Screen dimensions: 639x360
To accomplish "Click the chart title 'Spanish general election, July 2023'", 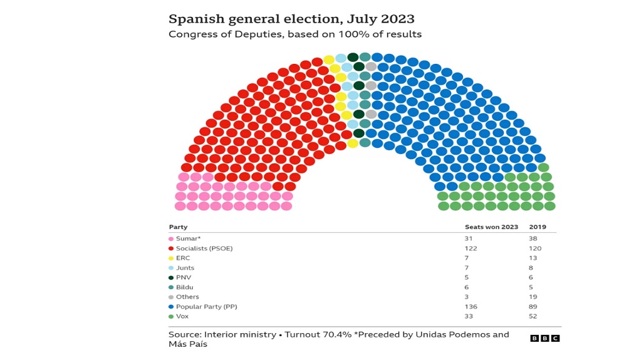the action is (x=291, y=19).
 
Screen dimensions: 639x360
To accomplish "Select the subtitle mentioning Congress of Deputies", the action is (x=295, y=34).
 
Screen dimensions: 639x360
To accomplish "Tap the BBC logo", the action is (x=545, y=338).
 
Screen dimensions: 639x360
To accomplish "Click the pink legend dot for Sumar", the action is (x=171, y=239).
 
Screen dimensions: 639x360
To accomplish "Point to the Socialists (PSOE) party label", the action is (x=204, y=249).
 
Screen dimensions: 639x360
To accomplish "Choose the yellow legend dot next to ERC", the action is (x=171, y=258).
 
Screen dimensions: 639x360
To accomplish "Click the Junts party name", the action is (x=185, y=268).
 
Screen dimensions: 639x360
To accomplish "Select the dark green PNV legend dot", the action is (x=171, y=278).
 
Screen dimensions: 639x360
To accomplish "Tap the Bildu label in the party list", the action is (x=185, y=287).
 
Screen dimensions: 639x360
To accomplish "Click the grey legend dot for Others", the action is (x=171, y=297).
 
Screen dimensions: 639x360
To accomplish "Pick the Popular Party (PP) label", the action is (x=206, y=307).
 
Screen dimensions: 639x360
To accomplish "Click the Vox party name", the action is (x=182, y=316).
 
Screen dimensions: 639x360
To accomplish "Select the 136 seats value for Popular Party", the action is (x=470, y=307).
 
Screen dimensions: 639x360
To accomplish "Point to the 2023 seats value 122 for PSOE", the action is (x=470, y=249).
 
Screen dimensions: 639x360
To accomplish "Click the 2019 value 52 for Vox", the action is (x=532, y=316).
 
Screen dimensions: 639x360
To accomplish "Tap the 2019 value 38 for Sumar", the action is (x=532, y=239).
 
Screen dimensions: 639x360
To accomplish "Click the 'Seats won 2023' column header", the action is (x=492, y=227).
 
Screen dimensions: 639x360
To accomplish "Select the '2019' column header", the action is (x=538, y=227).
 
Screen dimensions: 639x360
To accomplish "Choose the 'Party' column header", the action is (x=178, y=227).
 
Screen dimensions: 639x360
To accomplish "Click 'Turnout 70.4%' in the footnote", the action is (x=318, y=335).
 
